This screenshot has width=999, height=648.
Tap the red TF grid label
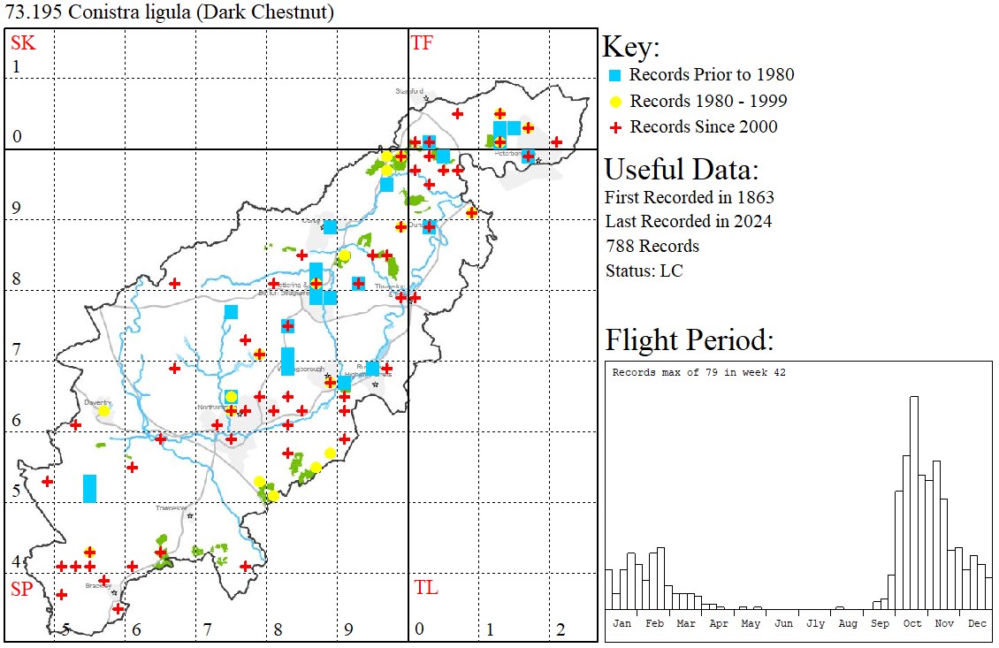pyautogui.click(x=422, y=42)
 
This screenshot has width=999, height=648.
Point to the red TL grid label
pyautogui.click(x=425, y=588)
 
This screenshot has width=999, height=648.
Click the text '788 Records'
pyautogui.click(x=652, y=246)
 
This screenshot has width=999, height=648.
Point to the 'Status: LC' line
pyautogui.click(x=644, y=271)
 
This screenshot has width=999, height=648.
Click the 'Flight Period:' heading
pyautogui.click(x=689, y=339)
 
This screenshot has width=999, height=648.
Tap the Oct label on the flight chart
pyautogui.click(x=911, y=623)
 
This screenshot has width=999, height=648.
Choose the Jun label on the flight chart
pyautogui.click(x=782, y=623)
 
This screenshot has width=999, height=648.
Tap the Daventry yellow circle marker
pyautogui.click(x=103, y=411)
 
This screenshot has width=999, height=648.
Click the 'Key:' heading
pyautogui.click(x=630, y=47)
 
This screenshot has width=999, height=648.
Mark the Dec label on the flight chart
pyautogui.click(x=976, y=623)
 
